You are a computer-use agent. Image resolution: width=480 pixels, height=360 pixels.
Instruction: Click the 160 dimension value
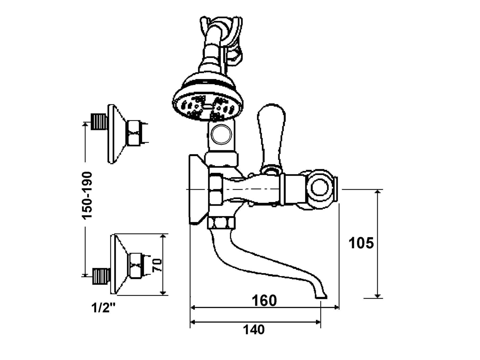pyautogui.click(x=264, y=301)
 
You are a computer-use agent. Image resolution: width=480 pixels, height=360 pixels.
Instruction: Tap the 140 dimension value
pyautogui.click(x=254, y=330)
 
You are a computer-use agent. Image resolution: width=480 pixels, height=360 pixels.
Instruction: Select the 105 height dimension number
pyautogui.click(x=361, y=243)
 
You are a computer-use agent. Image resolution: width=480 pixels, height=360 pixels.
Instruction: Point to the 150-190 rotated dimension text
pyautogui.click(x=87, y=195)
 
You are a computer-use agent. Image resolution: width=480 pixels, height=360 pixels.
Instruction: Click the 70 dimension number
pyautogui.click(x=157, y=265)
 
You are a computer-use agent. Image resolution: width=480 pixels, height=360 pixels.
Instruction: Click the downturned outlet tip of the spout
pyautogui.click(x=321, y=295)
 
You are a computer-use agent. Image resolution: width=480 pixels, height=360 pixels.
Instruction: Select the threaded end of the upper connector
pyautogui.click(x=99, y=122)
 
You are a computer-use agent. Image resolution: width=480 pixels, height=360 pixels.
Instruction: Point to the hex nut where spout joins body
pyautogui.click(x=221, y=223)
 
